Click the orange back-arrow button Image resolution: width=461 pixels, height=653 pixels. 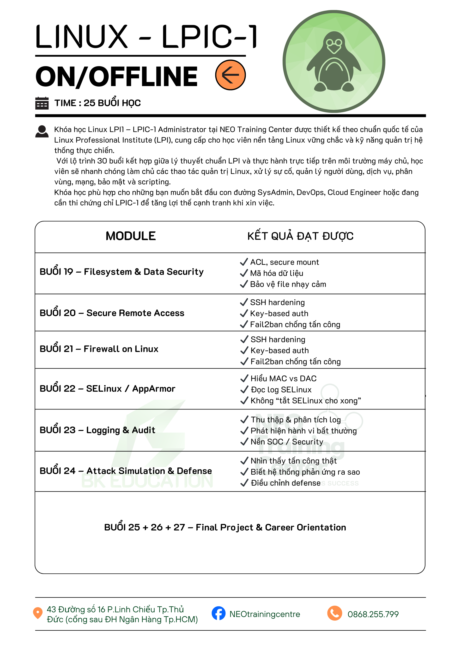tap(230, 75)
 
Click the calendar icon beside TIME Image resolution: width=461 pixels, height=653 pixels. tap(42, 103)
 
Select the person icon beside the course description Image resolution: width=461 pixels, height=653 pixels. tap(42, 132)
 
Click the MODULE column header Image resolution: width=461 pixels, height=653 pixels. tap(131, 236)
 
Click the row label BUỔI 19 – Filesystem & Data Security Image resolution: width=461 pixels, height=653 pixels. tap(121, 272)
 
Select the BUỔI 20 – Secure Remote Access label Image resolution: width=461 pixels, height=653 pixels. tap(112, 313)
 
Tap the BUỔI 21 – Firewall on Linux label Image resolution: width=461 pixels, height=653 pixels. tap(99, 349)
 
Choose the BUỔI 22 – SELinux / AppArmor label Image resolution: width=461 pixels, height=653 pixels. tap(107, 389)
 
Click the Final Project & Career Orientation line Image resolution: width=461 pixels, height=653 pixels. tap(225, 527)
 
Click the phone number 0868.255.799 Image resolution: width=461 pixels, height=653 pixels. tap(373, 614)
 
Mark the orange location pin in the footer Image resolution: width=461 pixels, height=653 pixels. tap(38, 613)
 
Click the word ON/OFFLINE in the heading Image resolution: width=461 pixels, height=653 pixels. tap(116, 76)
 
